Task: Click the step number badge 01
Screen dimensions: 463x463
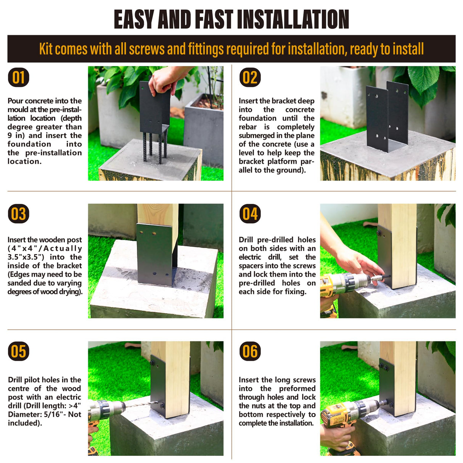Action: [x=19, y=77]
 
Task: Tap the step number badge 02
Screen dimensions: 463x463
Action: [x=250, y=77]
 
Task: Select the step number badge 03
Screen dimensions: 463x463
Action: [x=19, y=214]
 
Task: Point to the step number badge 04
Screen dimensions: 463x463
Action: [x=250, y=214]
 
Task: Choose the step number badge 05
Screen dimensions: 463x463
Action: [x=19, y=351]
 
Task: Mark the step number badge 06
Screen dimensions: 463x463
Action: [x=250, y=351]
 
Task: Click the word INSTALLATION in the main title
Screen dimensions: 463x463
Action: [x=293, y=19]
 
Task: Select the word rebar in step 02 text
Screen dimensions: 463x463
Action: [x=248, y=127]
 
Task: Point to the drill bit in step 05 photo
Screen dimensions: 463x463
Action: [x=142, y=405]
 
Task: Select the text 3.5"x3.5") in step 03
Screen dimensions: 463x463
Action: [x=26, y=257]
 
